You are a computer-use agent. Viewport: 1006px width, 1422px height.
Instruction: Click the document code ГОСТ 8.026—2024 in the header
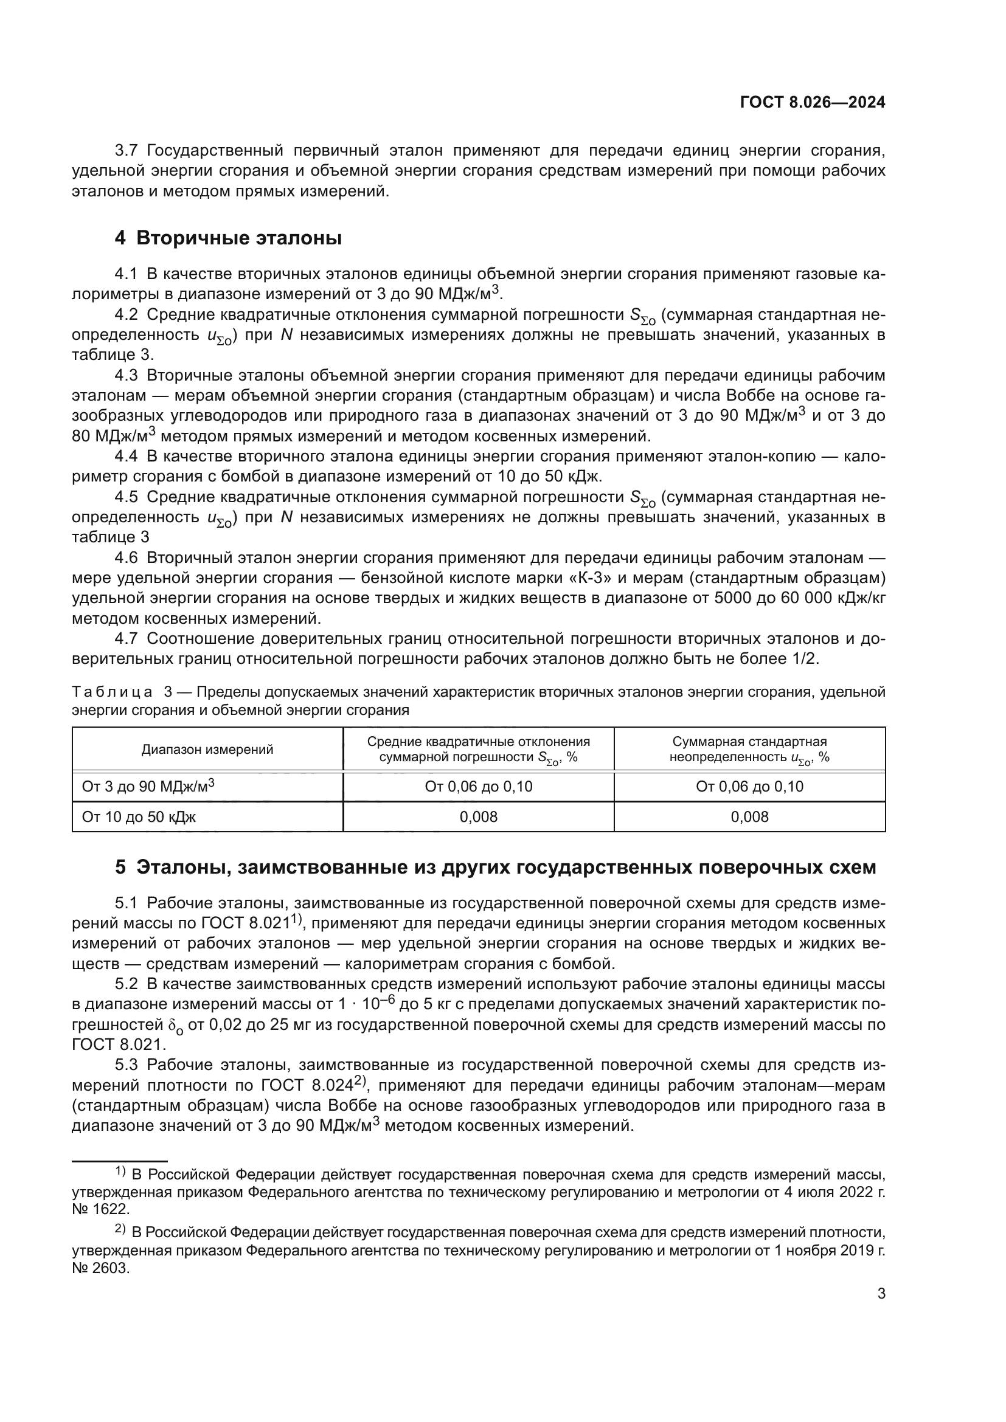[812, 103]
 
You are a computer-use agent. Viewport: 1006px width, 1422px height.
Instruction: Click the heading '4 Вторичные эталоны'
[228, 238]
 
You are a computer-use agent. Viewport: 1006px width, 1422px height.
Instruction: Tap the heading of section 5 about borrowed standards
[496, 867]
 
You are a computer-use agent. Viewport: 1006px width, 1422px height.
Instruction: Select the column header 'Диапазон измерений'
[207, 750]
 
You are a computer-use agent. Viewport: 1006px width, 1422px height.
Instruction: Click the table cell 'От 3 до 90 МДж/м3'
[148, 786]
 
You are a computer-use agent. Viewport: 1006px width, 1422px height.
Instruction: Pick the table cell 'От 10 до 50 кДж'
[139, 817]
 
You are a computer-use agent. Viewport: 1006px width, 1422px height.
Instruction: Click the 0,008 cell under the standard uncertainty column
[749, 817]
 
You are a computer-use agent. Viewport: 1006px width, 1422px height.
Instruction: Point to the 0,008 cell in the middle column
[478, 817]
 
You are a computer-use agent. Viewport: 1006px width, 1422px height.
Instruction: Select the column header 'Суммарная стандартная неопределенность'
[749, 750]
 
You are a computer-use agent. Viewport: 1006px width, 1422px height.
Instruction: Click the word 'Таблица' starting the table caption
[112, 692]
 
